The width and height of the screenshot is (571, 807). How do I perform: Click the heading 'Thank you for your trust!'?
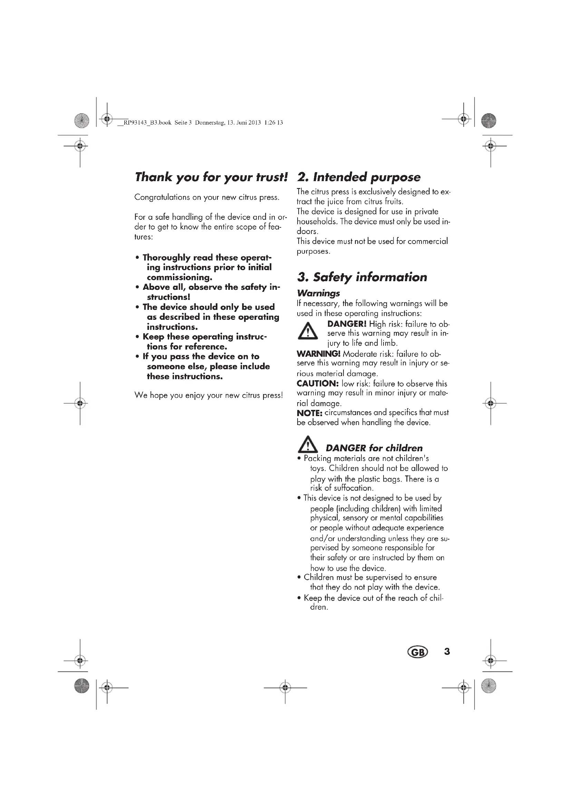[211, 177]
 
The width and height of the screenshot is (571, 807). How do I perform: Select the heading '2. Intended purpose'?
[359, 177]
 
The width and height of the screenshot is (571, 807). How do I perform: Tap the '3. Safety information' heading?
[362, 277]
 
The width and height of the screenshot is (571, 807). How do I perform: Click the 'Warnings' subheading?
[318, 293]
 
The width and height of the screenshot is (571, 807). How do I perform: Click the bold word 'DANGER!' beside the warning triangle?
[347, 324]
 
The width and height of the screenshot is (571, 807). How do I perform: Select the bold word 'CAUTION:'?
[318, 383]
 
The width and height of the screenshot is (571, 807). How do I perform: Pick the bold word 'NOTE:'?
[309, 413]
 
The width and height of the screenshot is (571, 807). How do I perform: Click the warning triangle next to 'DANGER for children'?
[308, 445]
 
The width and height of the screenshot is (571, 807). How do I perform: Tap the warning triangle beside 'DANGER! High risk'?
[308, 331]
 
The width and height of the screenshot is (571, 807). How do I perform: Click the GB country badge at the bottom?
[417, 652]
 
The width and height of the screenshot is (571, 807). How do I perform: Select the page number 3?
[447, 652]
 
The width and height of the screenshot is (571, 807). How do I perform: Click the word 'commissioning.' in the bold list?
[179, 277]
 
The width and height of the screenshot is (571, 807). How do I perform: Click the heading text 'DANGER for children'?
[374, 448]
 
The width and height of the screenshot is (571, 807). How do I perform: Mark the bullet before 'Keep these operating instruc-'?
[137, 337]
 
